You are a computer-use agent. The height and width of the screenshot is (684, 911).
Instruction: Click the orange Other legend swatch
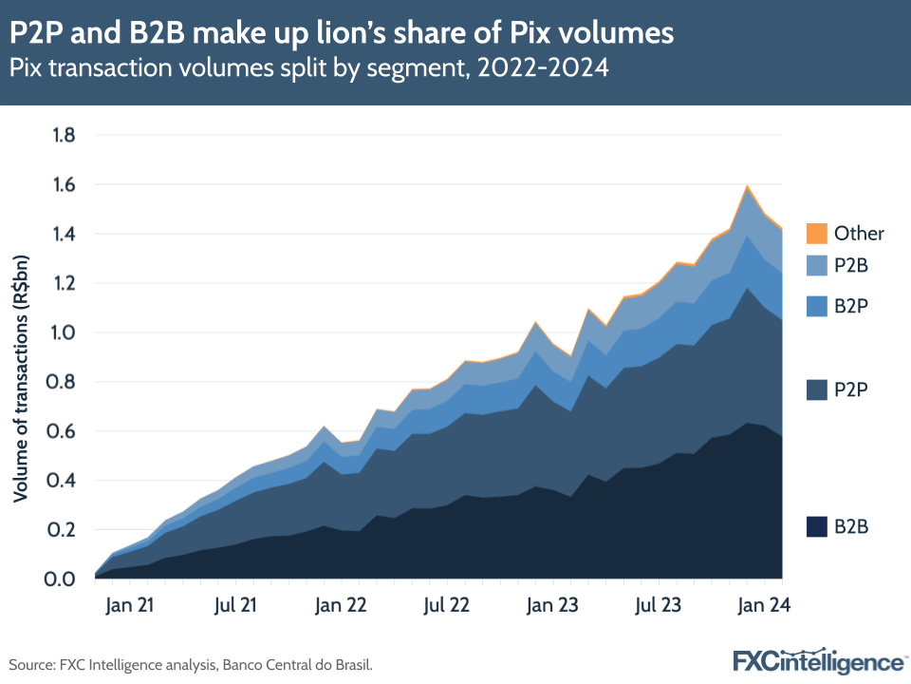tap(815, 234)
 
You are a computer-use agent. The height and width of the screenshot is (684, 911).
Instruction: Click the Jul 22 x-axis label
tap(446, 604)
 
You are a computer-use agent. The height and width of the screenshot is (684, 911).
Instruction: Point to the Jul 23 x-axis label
tap(658, 604)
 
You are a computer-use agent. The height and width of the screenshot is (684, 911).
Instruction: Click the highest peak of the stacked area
tap(748, 186)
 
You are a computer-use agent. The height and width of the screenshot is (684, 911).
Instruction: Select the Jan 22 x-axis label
tap(342, 604)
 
